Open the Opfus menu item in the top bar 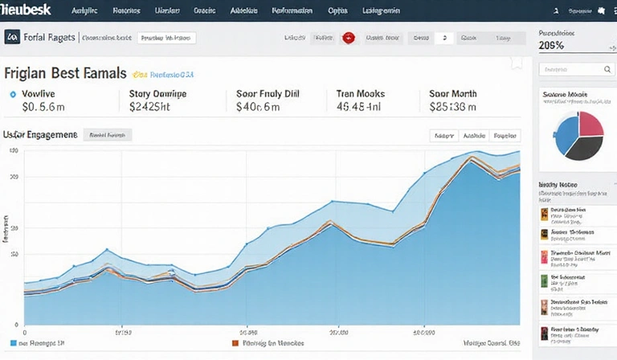click(x=337, y=11)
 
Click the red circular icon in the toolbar click(x=349, y=38)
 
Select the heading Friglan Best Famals click(x=65, y=74)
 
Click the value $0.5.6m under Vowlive click(x=45, y=106)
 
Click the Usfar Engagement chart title click(x=40, y=135)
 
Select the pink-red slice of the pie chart click(x=591, y=122)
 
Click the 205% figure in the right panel click(x=551, y=46)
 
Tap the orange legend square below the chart click(x=235, y=342)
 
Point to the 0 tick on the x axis click(x=24, y=331)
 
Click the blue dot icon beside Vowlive click(x=13, y=94)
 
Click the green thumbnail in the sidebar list click(x=544, y=282)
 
